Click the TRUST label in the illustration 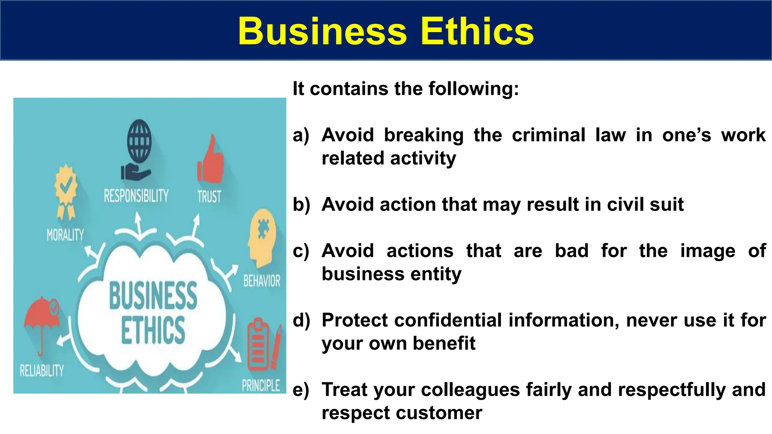click(x=209, y=197)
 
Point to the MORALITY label click(x=65, y=235)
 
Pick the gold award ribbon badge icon click(x=66, y=191)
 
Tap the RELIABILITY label click(x=42, y=371)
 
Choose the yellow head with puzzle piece click(x=262, y=236)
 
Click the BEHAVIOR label click(x=262, y=281)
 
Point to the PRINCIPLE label click(x=261, y=385)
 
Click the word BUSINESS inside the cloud click(x=153, y=296)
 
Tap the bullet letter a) click(x=301, y=135)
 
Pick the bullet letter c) click(x=301, y=251)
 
